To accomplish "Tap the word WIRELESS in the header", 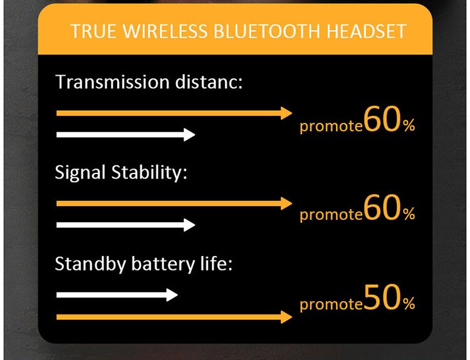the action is point(165,31).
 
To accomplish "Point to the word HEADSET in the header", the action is point(367,31).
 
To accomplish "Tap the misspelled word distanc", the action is point(209,82).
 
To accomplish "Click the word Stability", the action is point(149,173).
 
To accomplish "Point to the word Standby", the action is point(90,264).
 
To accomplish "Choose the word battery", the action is point(163,264).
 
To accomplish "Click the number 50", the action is point(382,297).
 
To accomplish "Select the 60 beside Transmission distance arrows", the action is point(382,119).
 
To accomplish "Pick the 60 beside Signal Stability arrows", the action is point(382,208).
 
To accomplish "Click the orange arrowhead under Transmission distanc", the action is point(286,113).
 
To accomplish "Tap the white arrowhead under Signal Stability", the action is point(189,225).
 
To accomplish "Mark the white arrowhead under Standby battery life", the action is point(172,295).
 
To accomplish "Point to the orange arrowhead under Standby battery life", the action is point(286,317).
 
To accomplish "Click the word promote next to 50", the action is point(332,305).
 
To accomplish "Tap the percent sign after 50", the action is point(409,304).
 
